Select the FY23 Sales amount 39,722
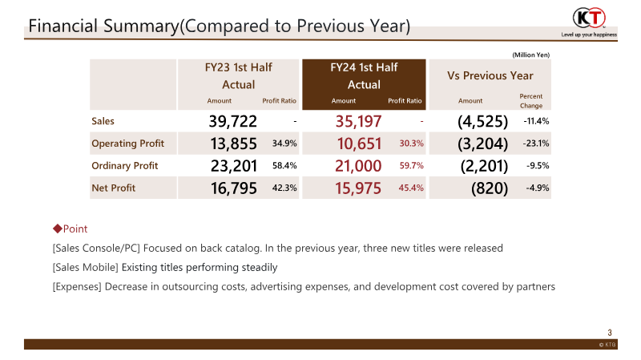pos(232,121)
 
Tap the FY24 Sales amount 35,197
pos(357,121)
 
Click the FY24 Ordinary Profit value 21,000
pos(357,166)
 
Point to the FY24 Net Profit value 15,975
pos(357,188)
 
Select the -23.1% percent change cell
pos(535,144)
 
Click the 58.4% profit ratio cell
pos(285,166)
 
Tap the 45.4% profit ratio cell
pos(410,188)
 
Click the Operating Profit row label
pos(128,144)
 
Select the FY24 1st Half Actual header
pos(364,76)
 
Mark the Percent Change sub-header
pos(530,101)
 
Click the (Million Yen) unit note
pos(531,55)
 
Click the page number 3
pos(610,333)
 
